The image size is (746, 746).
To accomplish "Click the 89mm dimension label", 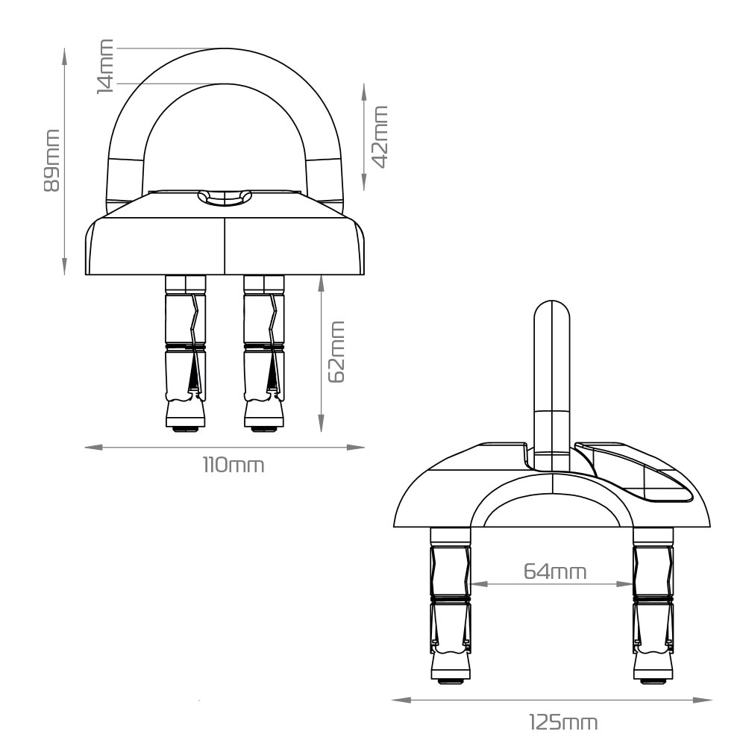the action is click(x=51, y=160).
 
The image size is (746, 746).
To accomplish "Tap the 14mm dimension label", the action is click(x=105, y=66).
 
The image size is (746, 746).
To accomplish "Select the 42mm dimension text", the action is click(x=379, y=137).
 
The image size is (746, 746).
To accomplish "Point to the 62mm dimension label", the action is click(x=336, y=351).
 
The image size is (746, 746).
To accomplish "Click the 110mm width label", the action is click(x=233, y=465).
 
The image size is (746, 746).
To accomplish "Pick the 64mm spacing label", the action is click(x=555, y=571).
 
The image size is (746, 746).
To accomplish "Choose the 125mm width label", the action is click(x=563, y=722).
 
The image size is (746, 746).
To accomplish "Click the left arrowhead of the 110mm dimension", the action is click(x=94, y=447).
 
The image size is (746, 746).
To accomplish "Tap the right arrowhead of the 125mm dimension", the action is click(x=703, y=700).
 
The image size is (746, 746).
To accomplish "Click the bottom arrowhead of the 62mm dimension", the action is click(x=322, y=423).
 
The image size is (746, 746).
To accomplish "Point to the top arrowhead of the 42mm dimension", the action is click(x=364, y=93).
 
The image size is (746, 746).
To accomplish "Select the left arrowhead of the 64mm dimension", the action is click(x=478, y=584).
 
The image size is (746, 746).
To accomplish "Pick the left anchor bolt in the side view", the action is click(x=451, y=605).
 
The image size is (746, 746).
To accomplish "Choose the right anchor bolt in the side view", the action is click(x=653, y=605).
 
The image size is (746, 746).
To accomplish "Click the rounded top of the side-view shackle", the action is click(x=552, y=304).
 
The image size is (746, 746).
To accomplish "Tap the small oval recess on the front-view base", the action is click(x=224, y=197).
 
